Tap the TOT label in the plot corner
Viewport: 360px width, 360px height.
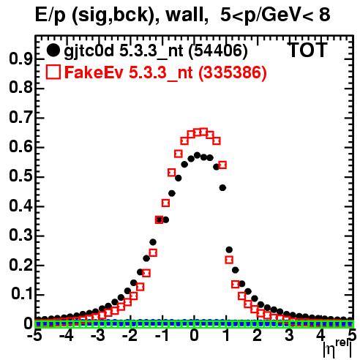pos(308,50)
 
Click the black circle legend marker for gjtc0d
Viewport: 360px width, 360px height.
pos(53,50)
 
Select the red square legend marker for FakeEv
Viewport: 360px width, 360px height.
pos(53,72)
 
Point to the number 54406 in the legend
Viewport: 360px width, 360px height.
pos(218,51)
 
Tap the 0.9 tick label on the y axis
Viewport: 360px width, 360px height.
pos(20,59)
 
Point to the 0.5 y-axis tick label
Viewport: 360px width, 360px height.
pos(20,176)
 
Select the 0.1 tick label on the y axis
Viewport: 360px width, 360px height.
pos(21,294)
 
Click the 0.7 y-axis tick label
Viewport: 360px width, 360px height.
pos(20,118)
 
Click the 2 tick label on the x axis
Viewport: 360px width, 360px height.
pos(258,336)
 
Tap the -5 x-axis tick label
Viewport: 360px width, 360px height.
pos(35,336)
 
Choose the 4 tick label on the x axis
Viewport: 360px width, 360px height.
pos(321,336)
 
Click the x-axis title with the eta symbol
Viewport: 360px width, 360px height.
pos(337,349)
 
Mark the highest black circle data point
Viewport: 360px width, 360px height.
pos(198,155)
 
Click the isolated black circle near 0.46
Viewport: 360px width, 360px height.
pos(222,188)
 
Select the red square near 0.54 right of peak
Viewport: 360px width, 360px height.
pos(222,165)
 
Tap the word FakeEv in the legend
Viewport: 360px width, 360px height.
pos(94,72)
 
